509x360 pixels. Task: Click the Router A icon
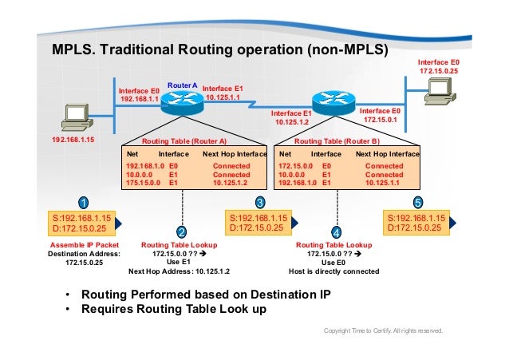[183, 101]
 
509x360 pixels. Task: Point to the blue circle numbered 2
[182, 231]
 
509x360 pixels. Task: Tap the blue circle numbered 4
[336, 231]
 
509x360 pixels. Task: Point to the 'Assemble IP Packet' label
[84, 245]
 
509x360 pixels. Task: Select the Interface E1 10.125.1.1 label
[227, 93]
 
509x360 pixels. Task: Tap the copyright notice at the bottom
[382, 330]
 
